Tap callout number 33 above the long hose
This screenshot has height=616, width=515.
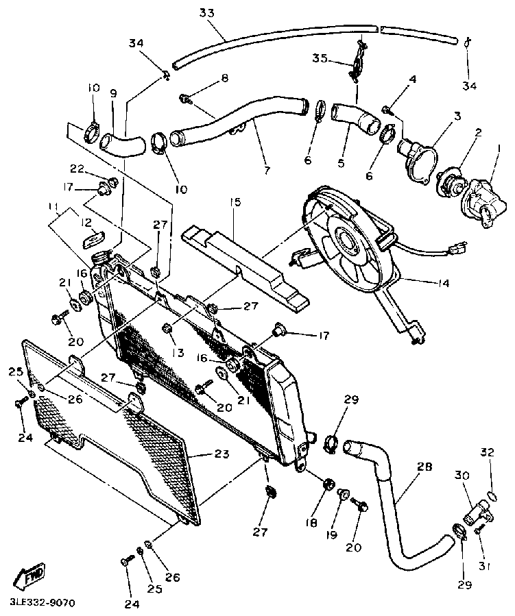[207, 13]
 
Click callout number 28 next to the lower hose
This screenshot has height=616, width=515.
[424, 467]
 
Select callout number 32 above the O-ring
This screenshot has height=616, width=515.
[487, 452]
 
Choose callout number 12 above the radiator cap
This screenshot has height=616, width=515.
[88, 222]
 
